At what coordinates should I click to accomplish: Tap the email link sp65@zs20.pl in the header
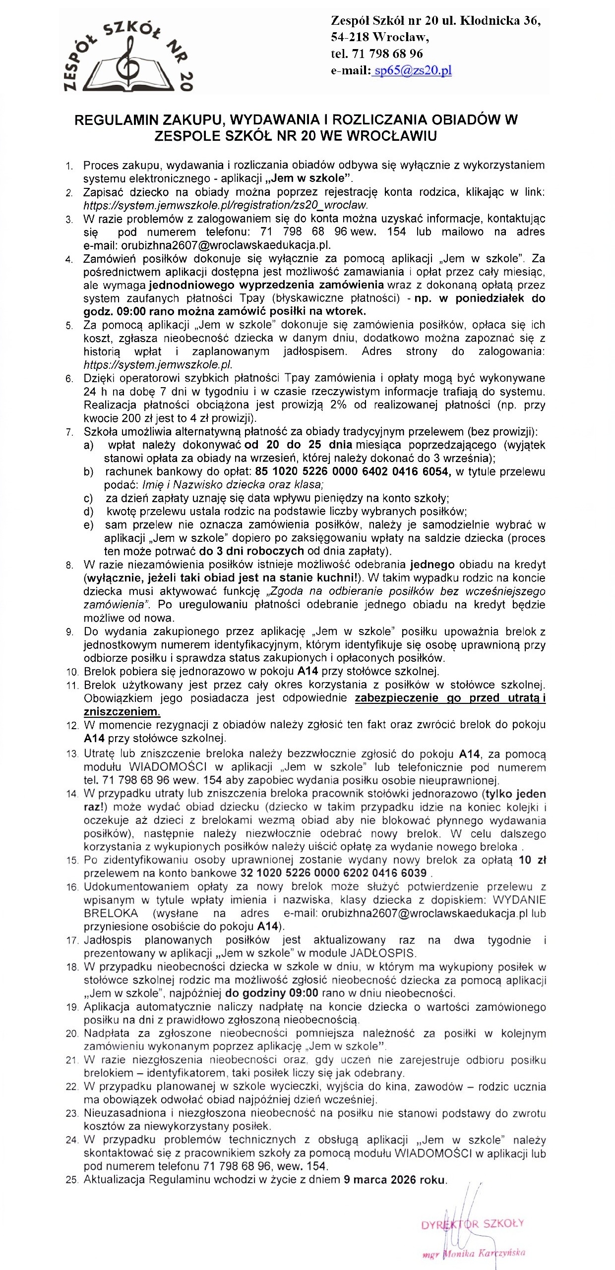[x=413, y=70]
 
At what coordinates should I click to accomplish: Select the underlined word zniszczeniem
[x=122, y=712]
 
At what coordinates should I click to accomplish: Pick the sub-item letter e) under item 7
[x=89, y=525]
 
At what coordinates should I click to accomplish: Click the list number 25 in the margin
[x=72, y=1181]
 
